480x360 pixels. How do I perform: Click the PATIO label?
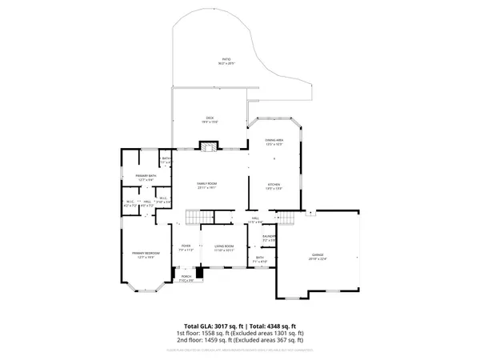[x=226, y=60]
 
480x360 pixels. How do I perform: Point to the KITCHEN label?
[x=274, y=185]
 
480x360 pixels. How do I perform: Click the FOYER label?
[x=186, y=246]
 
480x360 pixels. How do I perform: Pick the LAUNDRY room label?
[x=270, y=236]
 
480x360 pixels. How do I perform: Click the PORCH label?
[x=186, y=277]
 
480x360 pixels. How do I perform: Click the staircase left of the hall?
[x=197, y=218]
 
